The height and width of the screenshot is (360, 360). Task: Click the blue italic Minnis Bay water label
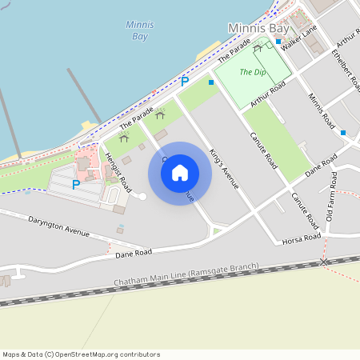139,30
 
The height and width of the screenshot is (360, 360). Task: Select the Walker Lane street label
299,38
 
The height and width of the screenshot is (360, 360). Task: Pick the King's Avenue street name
223,168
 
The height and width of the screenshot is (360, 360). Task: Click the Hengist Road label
118,169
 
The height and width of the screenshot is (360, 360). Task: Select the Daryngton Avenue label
58,225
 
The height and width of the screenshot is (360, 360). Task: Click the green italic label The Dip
253,73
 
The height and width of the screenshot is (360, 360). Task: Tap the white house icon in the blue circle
180,173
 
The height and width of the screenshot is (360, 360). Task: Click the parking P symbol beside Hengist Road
76,185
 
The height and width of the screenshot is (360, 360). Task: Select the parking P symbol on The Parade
185,81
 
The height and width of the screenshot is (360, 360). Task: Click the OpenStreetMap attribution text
80,354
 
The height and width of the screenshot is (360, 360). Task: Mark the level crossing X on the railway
324,262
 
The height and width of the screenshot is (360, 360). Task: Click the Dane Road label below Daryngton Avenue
134,253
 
